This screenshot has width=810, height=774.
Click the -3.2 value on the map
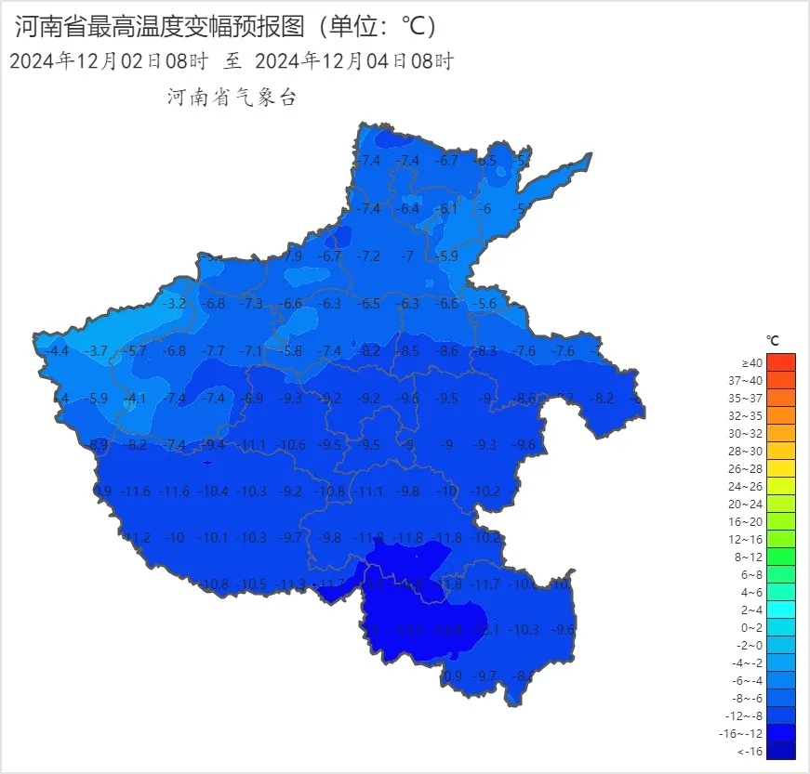click(x=175, y=304)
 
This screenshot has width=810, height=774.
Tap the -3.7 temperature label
click(x=97, y=351)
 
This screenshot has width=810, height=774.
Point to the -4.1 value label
click(x=136, y=399)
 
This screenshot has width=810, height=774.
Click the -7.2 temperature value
click(x=369, y=256)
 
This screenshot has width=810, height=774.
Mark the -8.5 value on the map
click(x=408, y=351)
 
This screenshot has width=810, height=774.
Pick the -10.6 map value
click(x=291, y=445)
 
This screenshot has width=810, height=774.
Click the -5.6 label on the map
click(x=485, y=304)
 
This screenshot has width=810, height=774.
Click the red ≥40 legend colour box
click(x=781, y=362)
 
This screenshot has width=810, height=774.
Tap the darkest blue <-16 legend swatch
click(x=781, y=751)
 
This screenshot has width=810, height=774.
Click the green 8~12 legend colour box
click(x=781, y=557)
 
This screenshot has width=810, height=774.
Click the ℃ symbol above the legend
click(x=773, y=341)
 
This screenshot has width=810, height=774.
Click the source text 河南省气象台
click(x=232, y=98)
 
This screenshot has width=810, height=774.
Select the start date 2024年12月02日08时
click(x=108, y=62)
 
